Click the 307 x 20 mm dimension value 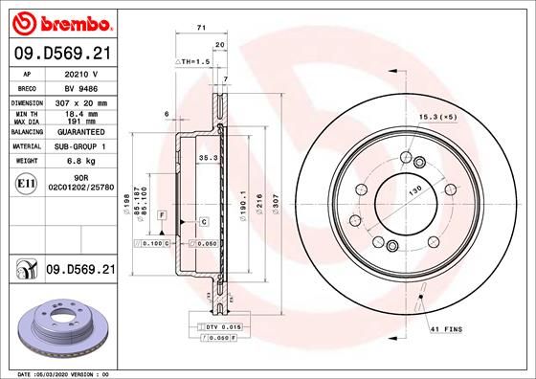coord(77,101)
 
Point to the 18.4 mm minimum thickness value coord(77,114)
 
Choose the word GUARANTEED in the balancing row coord(77,134)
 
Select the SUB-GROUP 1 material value coord(77,147)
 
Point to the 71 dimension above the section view coord(201,30)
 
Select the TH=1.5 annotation coord(191,61)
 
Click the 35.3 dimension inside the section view coord(207,158)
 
